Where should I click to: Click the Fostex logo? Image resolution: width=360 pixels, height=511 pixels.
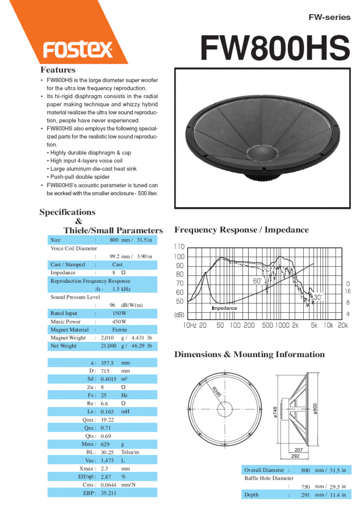tap(78, 50)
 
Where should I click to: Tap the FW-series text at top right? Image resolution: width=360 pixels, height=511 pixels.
tap(329, 18)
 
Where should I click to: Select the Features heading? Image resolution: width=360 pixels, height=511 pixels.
tap(57, 70)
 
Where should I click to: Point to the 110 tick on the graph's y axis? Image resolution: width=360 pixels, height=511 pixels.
tap(179, 247)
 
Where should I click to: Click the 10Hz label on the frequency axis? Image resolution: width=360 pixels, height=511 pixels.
tap(190, 325)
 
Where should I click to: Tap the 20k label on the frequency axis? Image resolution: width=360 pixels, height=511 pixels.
tap(342, 325)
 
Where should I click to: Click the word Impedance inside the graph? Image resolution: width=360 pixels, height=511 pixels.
tap(224, 308)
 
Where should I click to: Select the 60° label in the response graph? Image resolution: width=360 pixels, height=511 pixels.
tap(258, 280)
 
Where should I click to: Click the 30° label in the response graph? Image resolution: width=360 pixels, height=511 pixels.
tap(317, 297)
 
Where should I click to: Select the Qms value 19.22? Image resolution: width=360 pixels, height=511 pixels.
tap(107, 420)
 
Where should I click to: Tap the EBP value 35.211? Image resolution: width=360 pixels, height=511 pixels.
tap(108, 493)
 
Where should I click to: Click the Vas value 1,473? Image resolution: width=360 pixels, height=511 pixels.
tap(108, 460)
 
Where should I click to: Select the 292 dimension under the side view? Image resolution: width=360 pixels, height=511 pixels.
tap(295, 456)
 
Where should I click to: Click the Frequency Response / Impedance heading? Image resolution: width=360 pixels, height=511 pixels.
tap(241, 230)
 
